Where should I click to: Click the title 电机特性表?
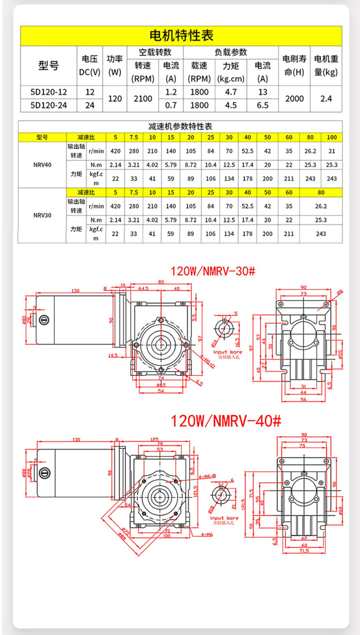(x=181, y=36)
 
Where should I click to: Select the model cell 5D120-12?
(x=48, y=92)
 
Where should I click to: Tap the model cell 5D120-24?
(x=48, y=105)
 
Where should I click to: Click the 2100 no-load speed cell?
(x=143, y=98)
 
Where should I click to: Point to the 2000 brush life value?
(x=294, y=98)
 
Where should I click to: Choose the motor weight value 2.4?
(x=326, y=98)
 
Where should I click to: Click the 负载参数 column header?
(x=230, y=52)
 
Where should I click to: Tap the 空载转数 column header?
(x=155, y=52)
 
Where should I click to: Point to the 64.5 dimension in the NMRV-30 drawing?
(x=143, y=288)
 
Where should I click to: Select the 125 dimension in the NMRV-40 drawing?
(x=155, y=439)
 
